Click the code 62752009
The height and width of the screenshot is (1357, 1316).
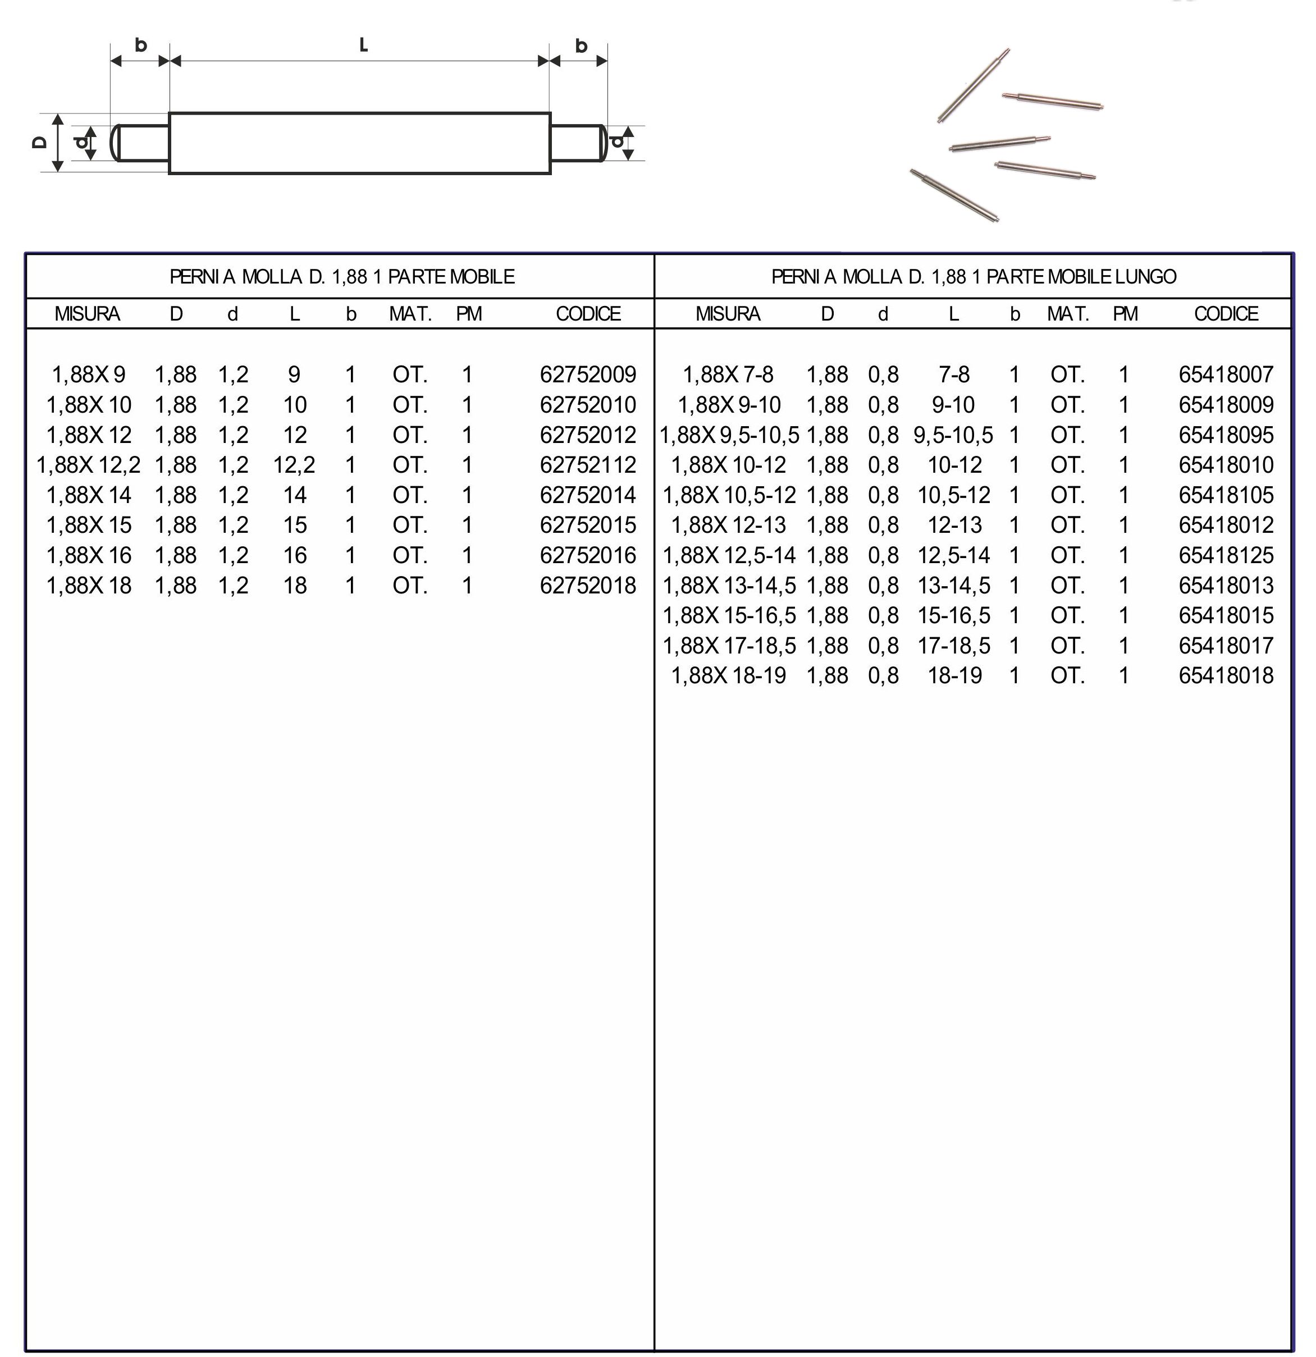click(588, 374)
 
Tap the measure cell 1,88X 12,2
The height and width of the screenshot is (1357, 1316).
click(89, 464)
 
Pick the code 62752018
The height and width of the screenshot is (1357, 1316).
click(588, 586)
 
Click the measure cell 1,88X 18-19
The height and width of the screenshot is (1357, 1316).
click(728, 676)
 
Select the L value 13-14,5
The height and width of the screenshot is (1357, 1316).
click(954, 586)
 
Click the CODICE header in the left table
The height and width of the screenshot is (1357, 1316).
click(588, 314)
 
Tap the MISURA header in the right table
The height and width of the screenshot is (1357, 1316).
click(728, 314)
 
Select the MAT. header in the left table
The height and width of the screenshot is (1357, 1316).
click(410, 314)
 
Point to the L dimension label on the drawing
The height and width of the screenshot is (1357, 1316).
click(363, 45)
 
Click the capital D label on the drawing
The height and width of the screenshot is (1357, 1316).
click(39, 142)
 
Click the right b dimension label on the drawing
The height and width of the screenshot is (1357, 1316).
click(582, 45)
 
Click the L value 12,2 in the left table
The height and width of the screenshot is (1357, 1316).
click(294, 464)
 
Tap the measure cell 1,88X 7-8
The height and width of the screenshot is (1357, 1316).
click(728, 374)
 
